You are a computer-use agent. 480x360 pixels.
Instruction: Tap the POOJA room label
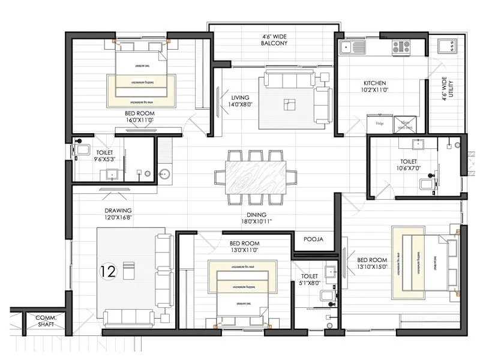coord(313,239)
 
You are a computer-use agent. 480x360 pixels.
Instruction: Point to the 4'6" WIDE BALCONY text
coord(274,39)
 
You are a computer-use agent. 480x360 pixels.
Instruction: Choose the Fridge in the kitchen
coord(379,124)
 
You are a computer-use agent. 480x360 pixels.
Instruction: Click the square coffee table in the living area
coord(290,103)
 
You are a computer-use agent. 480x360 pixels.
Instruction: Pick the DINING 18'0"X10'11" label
coord(256,218)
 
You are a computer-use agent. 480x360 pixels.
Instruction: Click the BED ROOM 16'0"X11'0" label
coord(139,116)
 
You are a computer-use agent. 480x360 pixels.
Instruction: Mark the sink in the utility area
coord(446,46)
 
